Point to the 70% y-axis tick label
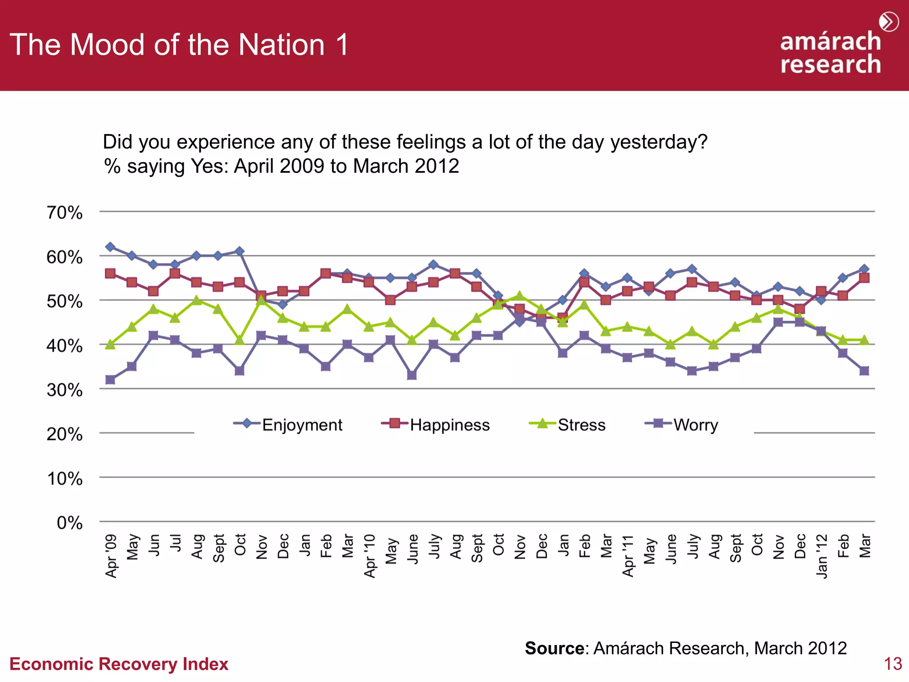pos(65,213)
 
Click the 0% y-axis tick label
pos(70,523)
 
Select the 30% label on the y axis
pos(65,390)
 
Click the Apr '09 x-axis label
pos(111,556)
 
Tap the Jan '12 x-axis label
pos(822,556)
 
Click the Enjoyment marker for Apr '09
pos(111,247)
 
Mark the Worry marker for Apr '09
pos(111,380)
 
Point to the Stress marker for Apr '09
pos(111,344)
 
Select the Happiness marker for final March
pos(864,278)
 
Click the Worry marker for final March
pos(864,371)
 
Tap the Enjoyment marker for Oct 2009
pos(240,251)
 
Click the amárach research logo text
pos(830,52)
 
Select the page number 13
pos(893,664)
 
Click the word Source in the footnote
pos(554,648)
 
